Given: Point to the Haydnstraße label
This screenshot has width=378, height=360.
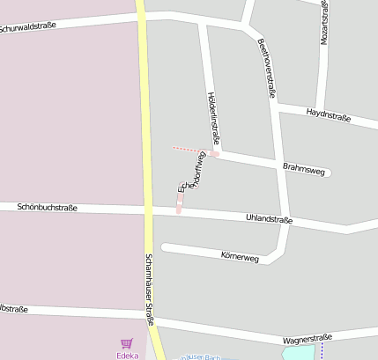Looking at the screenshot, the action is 329,114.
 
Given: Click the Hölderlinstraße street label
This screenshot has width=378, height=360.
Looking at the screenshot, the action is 212,115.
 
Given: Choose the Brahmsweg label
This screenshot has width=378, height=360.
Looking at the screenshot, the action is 300,165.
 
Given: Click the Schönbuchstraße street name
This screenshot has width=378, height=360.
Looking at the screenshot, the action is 47,208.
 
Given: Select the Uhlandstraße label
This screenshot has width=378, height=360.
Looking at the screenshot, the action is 269,217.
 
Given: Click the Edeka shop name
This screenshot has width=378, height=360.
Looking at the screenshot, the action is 127,355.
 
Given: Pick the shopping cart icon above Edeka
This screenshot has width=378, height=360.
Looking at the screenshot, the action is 127,344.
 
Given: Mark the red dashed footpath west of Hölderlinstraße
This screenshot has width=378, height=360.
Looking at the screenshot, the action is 187,150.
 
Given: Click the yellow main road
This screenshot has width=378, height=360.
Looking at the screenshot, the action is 143,132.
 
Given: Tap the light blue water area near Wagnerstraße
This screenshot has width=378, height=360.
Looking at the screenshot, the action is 298,353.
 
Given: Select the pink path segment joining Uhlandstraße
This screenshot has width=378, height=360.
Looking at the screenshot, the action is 179,205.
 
